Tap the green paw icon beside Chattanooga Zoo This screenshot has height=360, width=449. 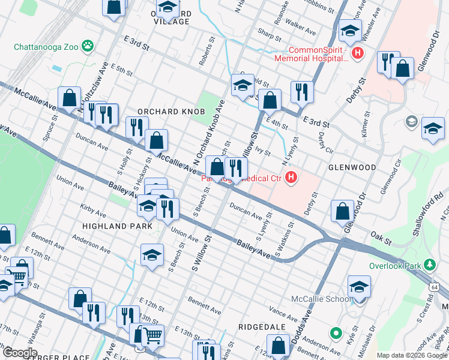pyautogui.click(x=88, y=44)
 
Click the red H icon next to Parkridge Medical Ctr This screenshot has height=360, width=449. pyautogui.click(x=291, y=177)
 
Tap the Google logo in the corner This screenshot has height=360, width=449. pyautogui.click(x=19, y=352)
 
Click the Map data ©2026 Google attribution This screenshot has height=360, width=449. pyautogui.click(x=412, y=355)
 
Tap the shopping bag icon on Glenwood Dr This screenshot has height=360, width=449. pyautogui.click(x=342, y=211)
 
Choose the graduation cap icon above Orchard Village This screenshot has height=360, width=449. pyautogui.click(x=167, y=8)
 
